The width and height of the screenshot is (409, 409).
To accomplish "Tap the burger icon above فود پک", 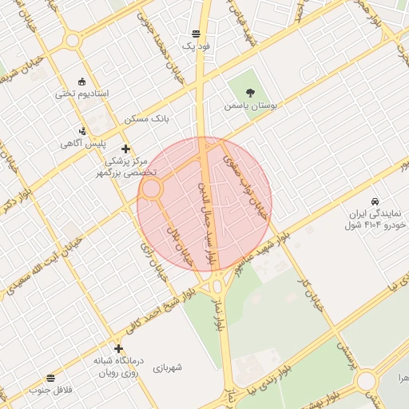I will (x=197, y=34).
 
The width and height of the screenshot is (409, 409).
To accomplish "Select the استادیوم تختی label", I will (x=81, y=93).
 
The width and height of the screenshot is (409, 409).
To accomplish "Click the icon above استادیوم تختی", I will (x=81, y=81).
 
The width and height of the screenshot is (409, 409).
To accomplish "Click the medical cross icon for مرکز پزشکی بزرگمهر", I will (x=125, y=149).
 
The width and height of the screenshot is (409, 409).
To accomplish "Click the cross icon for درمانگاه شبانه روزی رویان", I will (x=118, y=349).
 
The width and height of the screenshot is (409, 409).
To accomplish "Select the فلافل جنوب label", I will (x=50, y=391).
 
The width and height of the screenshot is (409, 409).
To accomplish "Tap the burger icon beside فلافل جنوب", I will (x=50, y=377).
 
